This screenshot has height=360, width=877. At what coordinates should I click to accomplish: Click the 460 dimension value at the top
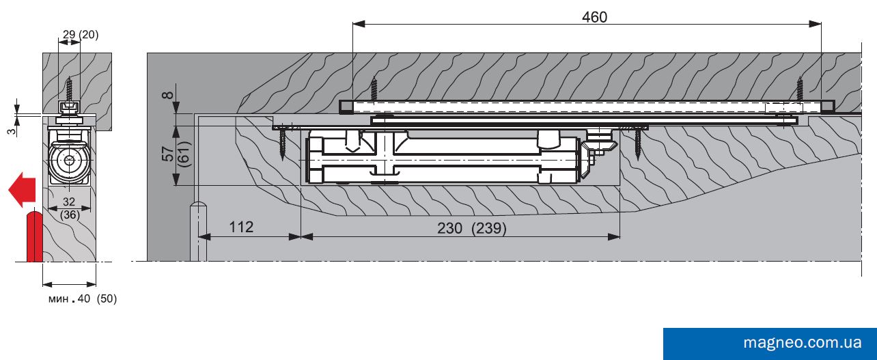[594, 17]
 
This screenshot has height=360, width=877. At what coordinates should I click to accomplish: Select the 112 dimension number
[241, 227]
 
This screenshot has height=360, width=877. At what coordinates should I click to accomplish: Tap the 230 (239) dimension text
[472, 228]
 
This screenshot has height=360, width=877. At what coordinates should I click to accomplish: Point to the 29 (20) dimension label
[81, 35]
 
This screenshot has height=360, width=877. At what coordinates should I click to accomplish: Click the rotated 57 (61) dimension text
[176, 154]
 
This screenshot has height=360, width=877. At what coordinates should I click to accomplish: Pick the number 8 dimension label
[168, 95]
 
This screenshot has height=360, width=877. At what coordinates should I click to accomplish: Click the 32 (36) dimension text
[69, 208]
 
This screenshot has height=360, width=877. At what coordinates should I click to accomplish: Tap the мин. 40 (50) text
[83, 299]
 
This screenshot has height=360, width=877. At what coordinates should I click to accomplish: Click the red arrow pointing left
[23, 190]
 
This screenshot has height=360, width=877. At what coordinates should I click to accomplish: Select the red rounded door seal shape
[34, 236]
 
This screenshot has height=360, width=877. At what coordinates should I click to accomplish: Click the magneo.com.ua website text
[803, 343]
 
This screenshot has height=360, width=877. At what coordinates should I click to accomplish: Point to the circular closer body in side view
[70, 161]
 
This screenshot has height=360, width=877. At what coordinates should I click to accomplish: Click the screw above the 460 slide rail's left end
[374, 89]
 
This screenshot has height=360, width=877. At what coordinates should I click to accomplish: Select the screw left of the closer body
[283, 143]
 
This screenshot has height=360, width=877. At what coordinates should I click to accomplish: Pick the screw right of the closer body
[638, 143]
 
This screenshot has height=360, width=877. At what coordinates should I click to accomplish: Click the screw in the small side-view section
[70, 89]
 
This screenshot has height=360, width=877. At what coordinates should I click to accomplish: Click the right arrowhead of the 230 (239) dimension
[614, 236]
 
